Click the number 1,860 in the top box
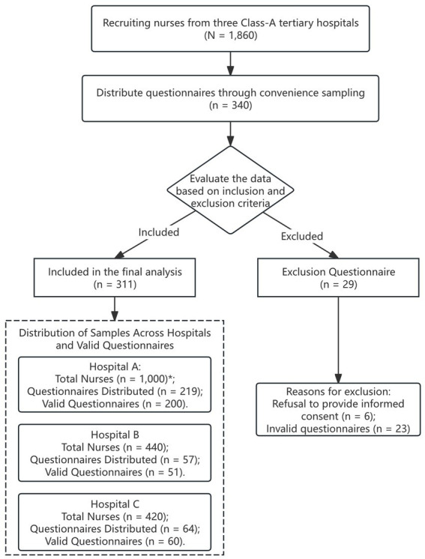pyautogui.click(x=237, y=36)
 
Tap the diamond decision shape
pyautogui.click(x=230, y=190)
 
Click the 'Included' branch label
pyautogui.click(x=159, y=232)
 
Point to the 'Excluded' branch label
pyautogui.click(x=302, y=236)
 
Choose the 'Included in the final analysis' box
pyautogui.click(x=115, y=278)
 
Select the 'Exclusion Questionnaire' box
pyautogui.click(x=338, y=278)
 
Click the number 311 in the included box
pyautogui.click(x=124, y=285)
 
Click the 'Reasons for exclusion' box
pyautogui.click(x=338, y=410)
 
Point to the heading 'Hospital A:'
pyautogui.click(x=115, y=366)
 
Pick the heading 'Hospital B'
pyautogui.click(x=115, y=435)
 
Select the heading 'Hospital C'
pyautogui.click(x=115, y=504)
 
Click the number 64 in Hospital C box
pyautogui.click(x=185, y=529)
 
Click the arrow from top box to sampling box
pyautogui.click(x=230, y=64)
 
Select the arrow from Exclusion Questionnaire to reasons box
pyautogui.click(x=338, y=340)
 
